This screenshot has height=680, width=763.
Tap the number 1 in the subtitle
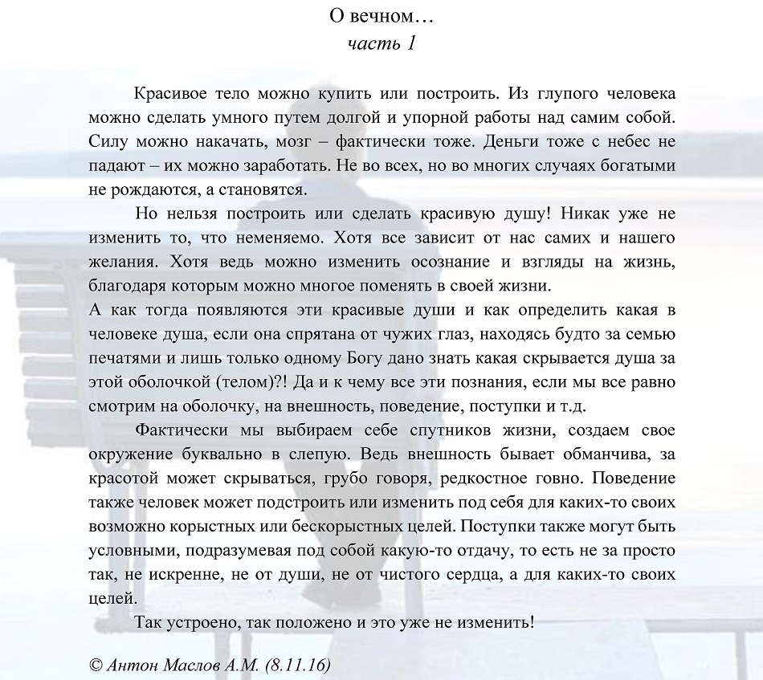[410, 43]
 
